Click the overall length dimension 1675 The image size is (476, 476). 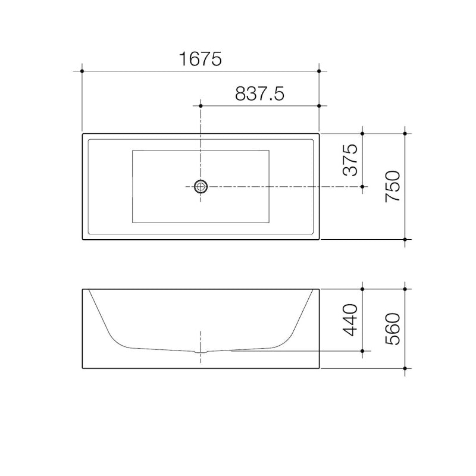(x=200, y=58)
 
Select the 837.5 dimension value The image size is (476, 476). (x=260, y=93)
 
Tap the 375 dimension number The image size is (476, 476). (x=350, y=160)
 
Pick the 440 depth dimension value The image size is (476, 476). (x=350, y=320)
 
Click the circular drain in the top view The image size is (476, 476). (x=201, y=186)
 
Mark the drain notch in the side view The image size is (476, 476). (x=201, y=351)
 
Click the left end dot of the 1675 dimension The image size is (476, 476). (x=82, y=71)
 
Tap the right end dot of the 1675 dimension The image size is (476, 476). (x=320, y=71)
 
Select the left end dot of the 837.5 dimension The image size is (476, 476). (x=201, y=106)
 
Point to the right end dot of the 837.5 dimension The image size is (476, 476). (x=320, y=106)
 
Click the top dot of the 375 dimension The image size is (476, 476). (x=362, y=134)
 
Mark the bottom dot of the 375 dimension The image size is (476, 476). (x=362, y=186)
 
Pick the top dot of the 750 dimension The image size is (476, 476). (x=405, y=134)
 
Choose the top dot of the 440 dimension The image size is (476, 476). (x=362, y=289)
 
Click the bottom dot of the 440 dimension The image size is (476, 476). (x=362, y=350)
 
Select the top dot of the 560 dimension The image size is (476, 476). (x=405, y=289)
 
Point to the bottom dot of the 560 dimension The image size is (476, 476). (x=405, y=368)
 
